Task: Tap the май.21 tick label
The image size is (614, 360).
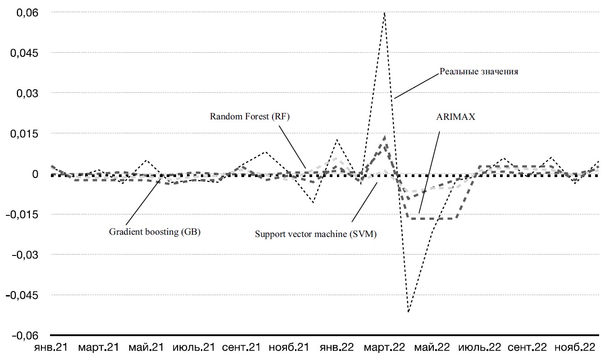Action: tap(144, 348)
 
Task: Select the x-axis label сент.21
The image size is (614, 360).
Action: tap(241, 348)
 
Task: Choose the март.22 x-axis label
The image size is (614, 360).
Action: tap(383, 348)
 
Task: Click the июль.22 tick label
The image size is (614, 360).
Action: tap(479, 348)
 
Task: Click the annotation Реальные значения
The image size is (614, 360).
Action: tap(478, 72)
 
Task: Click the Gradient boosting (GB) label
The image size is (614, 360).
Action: tap(155, 232)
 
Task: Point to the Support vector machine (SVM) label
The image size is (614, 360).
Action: tap(315, 234)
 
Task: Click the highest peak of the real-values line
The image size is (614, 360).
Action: tap(384, 13)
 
